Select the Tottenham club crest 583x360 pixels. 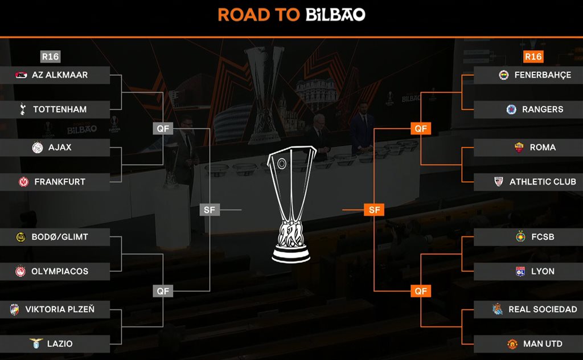(22, 109)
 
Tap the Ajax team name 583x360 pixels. (60, 147)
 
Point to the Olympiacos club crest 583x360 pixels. (21, 272)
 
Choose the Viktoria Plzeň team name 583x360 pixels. (60, 309)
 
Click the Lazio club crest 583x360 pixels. (36, 344)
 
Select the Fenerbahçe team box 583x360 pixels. (528, 75)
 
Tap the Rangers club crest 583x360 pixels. (511, 109)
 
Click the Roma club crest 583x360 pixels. (519, 147)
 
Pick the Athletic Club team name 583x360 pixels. (543, 182)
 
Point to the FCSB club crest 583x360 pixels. (520, 237)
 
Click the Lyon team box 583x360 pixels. (528, 272)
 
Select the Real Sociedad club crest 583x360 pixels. (498, 309)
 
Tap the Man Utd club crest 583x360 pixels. (511, 344)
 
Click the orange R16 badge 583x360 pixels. (533, 56)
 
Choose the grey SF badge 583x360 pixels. (210, 210)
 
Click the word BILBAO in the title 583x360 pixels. (335, 15)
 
